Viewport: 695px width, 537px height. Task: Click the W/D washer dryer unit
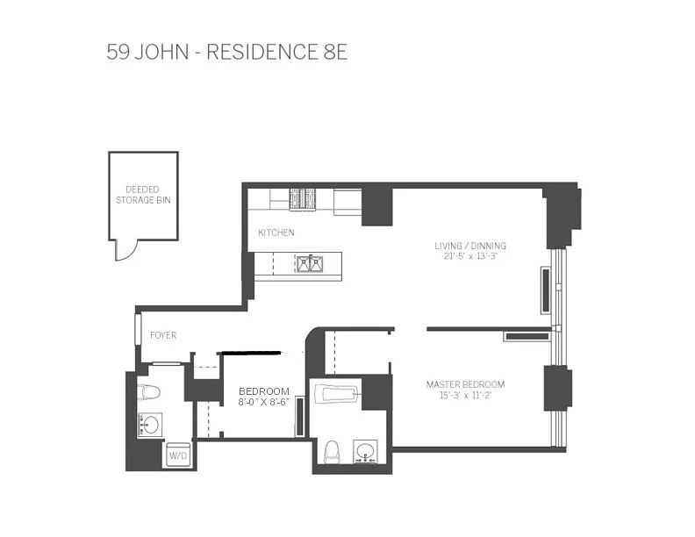178,455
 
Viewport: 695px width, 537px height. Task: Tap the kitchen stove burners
303,198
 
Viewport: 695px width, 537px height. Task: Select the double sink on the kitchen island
310,264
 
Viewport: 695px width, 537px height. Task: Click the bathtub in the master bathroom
336,394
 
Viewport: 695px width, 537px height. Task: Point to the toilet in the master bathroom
332,452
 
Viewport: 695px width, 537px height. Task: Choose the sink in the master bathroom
366,452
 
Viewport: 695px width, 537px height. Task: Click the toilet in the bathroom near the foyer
148,392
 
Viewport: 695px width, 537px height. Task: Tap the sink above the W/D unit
149,426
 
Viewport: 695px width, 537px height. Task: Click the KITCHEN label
276,233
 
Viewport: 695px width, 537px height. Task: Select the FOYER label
163,335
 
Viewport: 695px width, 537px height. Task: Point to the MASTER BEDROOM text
465,384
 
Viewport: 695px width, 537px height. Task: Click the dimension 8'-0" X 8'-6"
264,402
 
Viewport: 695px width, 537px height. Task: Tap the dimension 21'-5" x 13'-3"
470,256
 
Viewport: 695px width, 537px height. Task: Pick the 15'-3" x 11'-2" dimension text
465,395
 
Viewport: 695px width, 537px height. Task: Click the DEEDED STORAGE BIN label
143,195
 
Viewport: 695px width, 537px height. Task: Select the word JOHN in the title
161,53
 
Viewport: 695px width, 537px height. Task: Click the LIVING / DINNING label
470,246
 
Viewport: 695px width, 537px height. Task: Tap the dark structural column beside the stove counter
377,206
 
